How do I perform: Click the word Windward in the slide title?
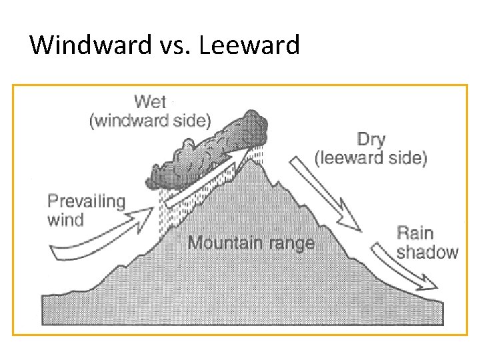(87, 45)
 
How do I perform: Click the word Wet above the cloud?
(150, 102)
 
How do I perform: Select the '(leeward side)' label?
(371, 158)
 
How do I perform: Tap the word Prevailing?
(86, 201)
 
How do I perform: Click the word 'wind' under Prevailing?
(65, 219)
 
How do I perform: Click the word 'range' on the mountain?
(290, 242)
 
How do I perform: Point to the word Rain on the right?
(415, 233)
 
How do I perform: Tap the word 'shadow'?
(427, 251)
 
